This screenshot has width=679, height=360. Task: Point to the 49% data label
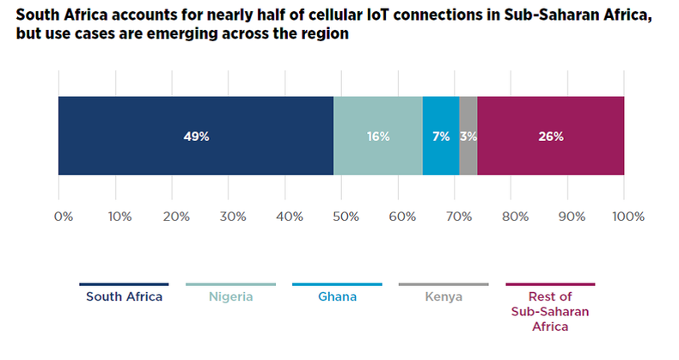[196, 136]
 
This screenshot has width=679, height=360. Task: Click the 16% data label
[378, 136]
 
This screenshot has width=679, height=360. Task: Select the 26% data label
[550, 136]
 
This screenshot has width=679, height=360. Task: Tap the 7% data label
[441, 136]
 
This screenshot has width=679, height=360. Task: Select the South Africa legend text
[124, 297]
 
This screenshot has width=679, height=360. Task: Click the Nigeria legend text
[230, 297]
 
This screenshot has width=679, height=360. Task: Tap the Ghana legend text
[337, 297]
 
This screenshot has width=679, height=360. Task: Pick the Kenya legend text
[443, 297]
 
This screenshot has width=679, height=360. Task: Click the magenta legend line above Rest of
[550, 284]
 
